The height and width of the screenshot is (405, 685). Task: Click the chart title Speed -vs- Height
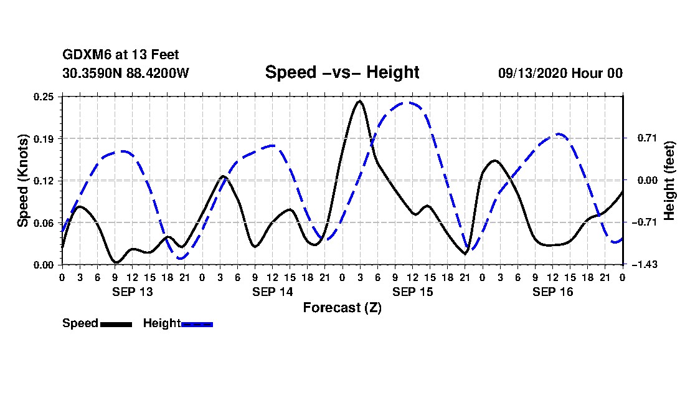342,72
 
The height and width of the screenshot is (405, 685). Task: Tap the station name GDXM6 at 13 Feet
121,55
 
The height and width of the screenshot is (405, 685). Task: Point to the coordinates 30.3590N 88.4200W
125,73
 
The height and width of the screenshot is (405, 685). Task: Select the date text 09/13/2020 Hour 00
560,73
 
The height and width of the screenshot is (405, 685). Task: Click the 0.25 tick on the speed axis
45,97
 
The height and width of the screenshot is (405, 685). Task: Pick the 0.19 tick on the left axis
45,138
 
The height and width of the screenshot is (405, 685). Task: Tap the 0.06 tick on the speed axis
45,222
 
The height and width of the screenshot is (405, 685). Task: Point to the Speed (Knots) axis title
23,180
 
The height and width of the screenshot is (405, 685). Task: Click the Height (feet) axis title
670,180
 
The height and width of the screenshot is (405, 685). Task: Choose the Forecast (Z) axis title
342,308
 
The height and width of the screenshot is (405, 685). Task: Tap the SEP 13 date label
132,292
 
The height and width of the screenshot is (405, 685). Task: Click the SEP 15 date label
412,292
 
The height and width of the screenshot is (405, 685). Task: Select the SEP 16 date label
552,292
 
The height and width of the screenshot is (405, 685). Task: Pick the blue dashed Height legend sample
197,324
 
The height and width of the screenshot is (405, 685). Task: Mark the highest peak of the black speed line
359,101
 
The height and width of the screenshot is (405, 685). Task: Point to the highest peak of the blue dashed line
405,103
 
